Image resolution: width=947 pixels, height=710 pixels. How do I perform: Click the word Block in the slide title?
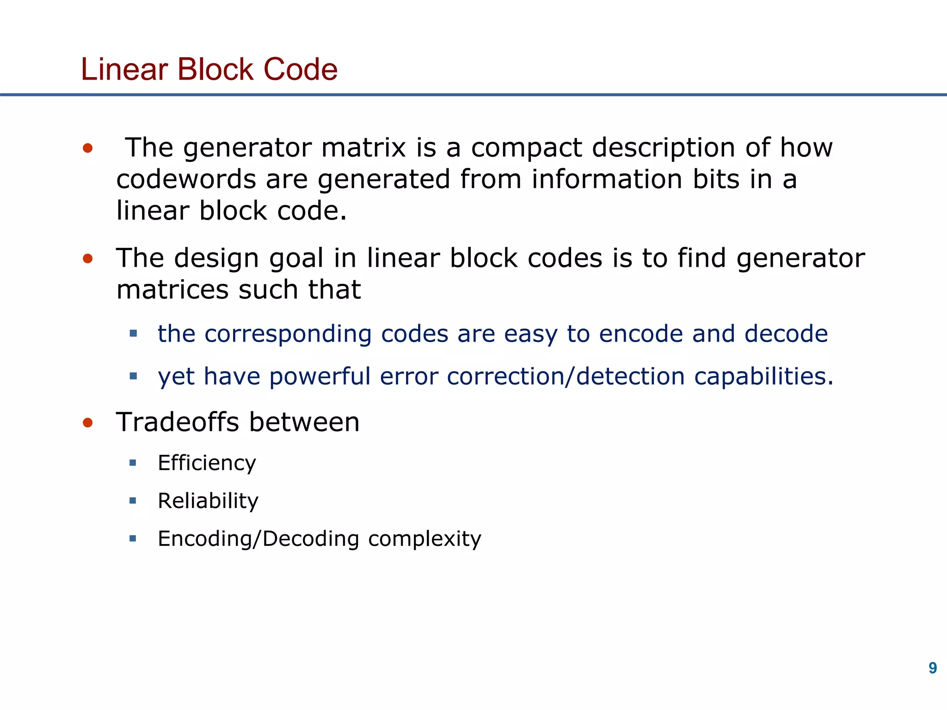[x=215, y=69]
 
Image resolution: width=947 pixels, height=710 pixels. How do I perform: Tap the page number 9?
[x=933, y=668]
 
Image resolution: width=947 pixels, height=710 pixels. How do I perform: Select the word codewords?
[x=186, y=179]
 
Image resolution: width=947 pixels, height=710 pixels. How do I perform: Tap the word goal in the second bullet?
[x=296, y=259]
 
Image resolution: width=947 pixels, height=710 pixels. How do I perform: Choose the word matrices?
[x=172, y=290]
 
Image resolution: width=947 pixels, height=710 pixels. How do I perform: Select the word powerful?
[x=320, y=376]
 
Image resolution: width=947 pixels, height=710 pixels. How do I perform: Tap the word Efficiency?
[x=207, y=463]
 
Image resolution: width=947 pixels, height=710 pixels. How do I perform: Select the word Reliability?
[x=208, y=501]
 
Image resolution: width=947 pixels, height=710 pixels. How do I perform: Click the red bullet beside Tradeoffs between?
[x=88, y=422]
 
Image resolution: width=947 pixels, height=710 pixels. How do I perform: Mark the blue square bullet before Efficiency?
[x=133, y=463]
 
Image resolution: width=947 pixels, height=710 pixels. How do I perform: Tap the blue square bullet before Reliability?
[x=133, y=500]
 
